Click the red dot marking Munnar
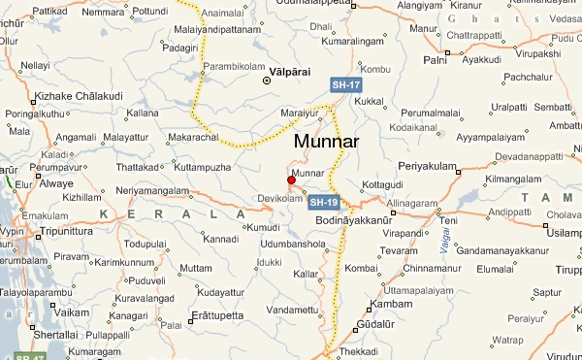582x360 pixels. pyautogui.click(x=291, y=180)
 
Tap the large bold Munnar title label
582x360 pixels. pyautogui.click(x=326, y=142)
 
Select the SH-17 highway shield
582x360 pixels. pyautogui.click(x=346, y=85)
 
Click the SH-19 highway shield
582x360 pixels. pyautogui.click(x=324, y=203)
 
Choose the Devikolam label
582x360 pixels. pyautogui.click(x=275, y=198)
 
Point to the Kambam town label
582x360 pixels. pyautogui.click(x=392, y=306)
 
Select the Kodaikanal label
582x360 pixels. pyautogui.click(x=414, y=127)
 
